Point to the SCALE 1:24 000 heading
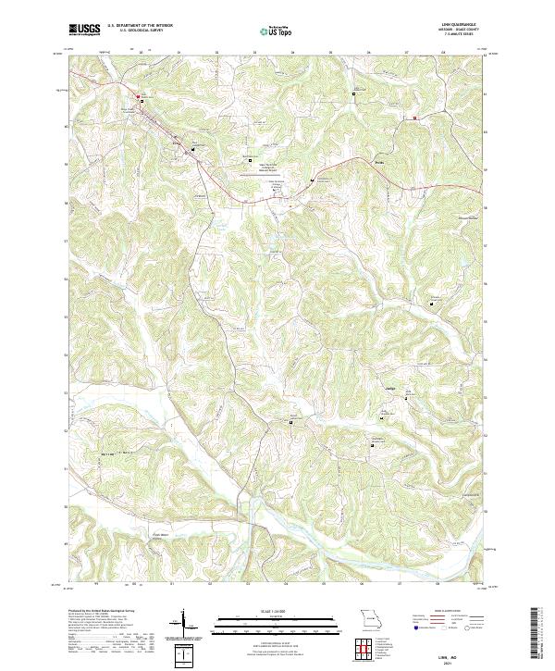tap(276, 612)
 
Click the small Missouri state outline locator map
tap(367, 619)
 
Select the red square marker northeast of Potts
tap(415, 118)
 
